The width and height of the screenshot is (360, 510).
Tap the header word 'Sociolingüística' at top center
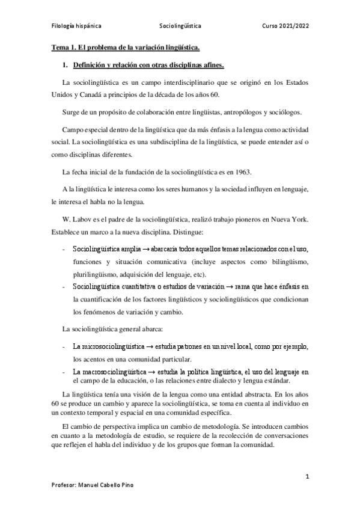tap(180, 27)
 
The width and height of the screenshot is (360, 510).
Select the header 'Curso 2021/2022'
tap(285, 27)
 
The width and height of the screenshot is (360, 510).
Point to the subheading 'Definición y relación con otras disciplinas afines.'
tap(148, 64)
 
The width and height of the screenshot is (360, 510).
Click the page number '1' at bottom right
tap(307, 476)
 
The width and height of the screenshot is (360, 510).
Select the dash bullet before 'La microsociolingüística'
tap(64, 348)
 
